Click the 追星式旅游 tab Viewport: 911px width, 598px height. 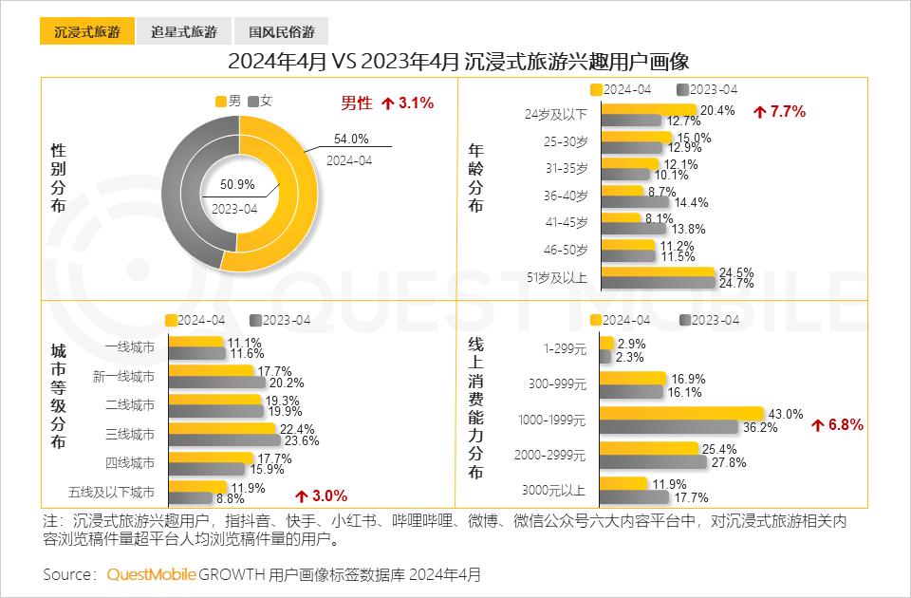click(183, 31)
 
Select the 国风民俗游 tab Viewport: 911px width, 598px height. click(281, 31)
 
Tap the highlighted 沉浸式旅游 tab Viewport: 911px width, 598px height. click(86, 31)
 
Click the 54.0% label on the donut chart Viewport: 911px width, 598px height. click(351, 139)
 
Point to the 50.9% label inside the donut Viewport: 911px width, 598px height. click(237, 184)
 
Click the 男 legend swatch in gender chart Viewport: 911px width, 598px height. click(220, 101)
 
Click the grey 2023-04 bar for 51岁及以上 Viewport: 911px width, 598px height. click(658, 282)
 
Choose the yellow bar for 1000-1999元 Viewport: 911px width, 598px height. click(681, 414)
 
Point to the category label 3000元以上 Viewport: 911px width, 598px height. click(554, 490)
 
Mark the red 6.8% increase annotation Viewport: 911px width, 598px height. click(837, 425)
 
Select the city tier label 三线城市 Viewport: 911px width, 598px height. click(130, 434)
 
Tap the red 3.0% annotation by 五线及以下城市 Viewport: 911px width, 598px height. click(321, 495)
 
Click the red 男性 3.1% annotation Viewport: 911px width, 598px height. click(387, 103)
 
